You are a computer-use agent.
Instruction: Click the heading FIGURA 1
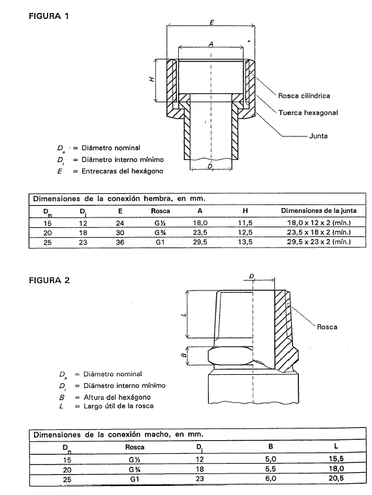(48, 16)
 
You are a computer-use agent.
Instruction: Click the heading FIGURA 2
(49, 280)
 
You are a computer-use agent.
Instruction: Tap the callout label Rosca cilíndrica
(304, 95)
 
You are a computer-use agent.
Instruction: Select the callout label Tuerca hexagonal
(308, 113)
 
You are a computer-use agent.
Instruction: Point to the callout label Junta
(318, 136)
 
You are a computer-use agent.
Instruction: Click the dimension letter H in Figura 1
(152, 79)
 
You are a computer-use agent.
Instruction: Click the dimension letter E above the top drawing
(211, 22)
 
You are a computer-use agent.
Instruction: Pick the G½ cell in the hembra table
(161, 223)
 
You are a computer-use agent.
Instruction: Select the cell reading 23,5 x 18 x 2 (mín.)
(318, 232)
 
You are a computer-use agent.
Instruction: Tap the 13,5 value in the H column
(245, 242)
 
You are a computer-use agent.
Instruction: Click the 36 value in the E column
(120, 242)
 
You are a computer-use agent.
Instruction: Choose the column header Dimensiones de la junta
(318, 210)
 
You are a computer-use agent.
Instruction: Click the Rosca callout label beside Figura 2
(327, 327)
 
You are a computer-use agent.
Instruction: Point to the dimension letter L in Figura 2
(185, 314)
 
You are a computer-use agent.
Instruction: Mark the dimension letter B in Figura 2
(183, 356)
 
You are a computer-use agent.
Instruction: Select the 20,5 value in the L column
(335, 478)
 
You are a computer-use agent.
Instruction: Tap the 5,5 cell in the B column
(270, 469)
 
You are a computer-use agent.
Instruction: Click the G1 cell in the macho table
(134, 479)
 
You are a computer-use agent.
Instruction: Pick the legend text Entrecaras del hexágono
(123, 171)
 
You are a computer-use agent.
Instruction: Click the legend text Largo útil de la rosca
(119, 406)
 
